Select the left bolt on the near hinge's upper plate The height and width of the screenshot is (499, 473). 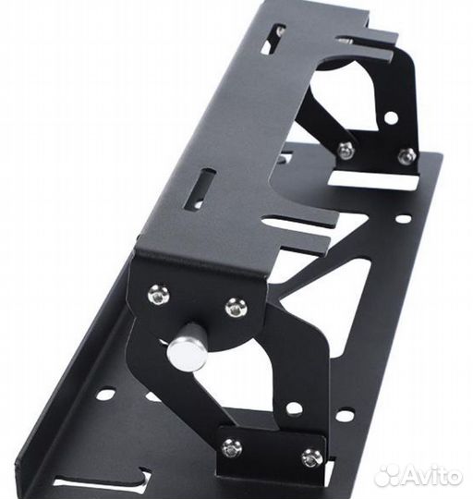158,295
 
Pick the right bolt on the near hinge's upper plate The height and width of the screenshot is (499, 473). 236,309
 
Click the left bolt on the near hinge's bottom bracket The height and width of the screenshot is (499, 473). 232,447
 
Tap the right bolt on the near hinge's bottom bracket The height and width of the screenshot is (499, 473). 311,457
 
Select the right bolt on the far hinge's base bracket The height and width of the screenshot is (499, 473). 406,156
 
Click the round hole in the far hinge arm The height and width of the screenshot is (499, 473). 391,118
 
